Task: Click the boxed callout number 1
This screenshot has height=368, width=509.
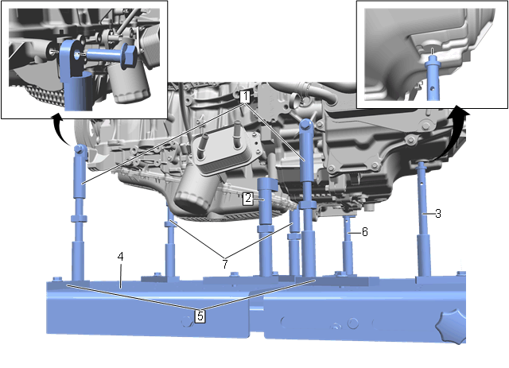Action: [x=246, y=97]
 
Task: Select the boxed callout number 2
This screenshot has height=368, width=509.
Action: [x=248, y=198]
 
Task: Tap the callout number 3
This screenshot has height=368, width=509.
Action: [x=438, y=214]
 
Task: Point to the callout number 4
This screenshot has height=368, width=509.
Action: [x=120, y=257]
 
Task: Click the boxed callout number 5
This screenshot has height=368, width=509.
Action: [x=200, y=316]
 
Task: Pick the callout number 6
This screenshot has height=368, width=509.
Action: [x=364, y=232]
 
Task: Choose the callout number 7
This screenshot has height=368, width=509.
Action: [x=225, y=264]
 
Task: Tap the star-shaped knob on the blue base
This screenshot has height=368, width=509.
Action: [x=451, y=327]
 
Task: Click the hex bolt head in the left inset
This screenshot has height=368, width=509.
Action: [x=129, y=56]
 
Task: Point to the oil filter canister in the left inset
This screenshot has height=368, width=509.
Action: [x=129, y=83]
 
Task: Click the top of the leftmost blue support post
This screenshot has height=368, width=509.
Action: [x=80, y=150]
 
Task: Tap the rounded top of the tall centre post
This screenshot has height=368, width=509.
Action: [x=306, y=125]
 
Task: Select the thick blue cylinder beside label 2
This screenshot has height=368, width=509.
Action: [x=267, y=227]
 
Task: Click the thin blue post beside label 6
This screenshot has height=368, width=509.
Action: [x=348, y=246]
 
